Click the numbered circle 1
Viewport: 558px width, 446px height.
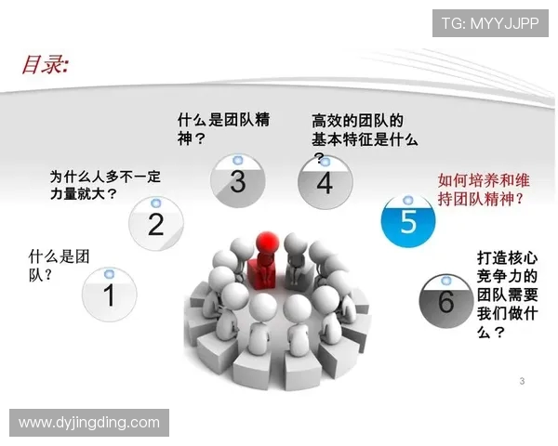pyautogui.click(x=109, y=295)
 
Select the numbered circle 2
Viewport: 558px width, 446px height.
pyautogui.click(x=156, y=223)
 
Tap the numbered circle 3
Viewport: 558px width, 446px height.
pyautogui.click(x=237, y=181)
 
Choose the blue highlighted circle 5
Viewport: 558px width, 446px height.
pyautogui.click(x=408, y=221)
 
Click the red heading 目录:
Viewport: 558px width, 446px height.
pyautogui.click(x=45, y=64)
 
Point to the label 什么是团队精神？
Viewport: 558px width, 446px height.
pyautogui.click(x=223, y=129)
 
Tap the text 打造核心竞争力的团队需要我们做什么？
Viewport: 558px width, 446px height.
pyautogui.click(x=507, y=291)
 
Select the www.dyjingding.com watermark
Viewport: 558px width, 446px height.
pyautogui.click(x=89, y=423)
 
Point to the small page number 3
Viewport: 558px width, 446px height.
pyautogui.click(x=522, y=381)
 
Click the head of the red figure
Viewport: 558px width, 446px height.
pyautogui.click(x=267, y=241)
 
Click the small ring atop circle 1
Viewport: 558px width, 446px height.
pyautogui.click(x=109, y=274)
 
